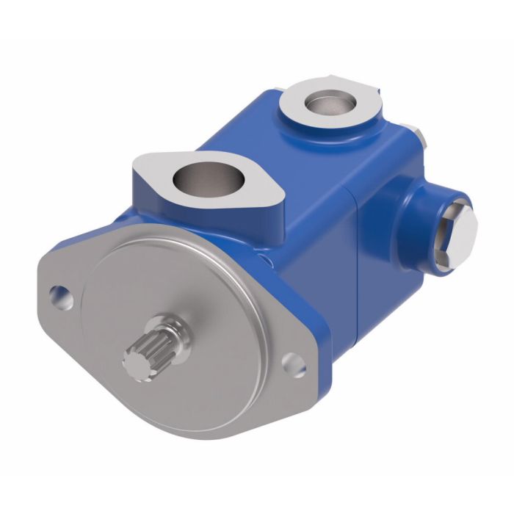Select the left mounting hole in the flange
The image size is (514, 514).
[x=59, y=296]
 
